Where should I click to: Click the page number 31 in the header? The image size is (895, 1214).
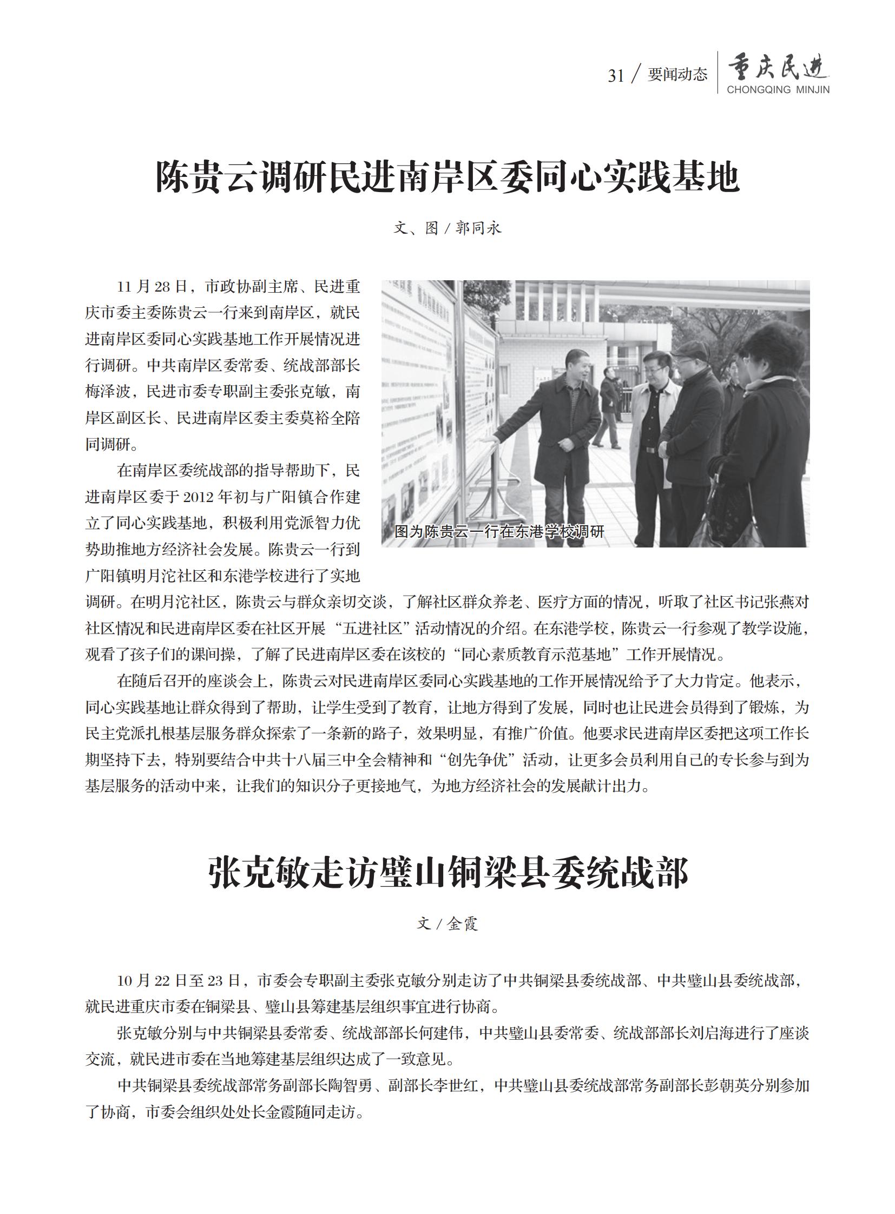pos(616,76)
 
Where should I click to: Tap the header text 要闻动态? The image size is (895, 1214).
pos(677,75)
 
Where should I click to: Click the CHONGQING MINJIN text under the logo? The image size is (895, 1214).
pos(778,90)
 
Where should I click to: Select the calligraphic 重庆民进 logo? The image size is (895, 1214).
pos(778,67)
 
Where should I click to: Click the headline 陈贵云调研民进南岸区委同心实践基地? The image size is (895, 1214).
pos(448,177)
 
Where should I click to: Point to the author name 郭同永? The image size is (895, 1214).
pos(478,228)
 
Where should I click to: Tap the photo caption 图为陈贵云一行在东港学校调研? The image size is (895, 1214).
pos(499,531)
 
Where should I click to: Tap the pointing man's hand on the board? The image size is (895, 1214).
pos(489,440)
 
